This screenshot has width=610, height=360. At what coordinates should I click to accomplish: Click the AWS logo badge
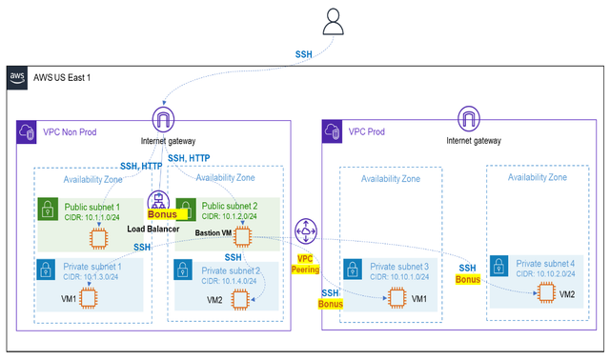coord(17,76)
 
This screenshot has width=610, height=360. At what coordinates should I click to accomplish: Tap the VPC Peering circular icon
coord(305,230)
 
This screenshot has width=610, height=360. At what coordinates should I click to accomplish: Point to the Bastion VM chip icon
coord(243,236)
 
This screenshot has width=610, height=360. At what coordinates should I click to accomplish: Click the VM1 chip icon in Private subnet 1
coord(89,298)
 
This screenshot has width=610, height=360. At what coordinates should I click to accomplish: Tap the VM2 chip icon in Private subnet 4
coord(546,292)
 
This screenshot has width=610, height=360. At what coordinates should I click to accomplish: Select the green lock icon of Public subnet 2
coord(183,210)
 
